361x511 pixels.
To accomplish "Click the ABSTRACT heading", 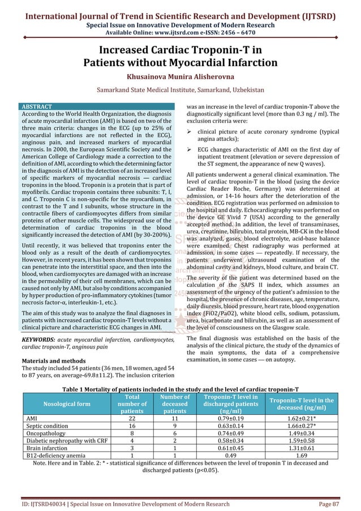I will tap(37, 106).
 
